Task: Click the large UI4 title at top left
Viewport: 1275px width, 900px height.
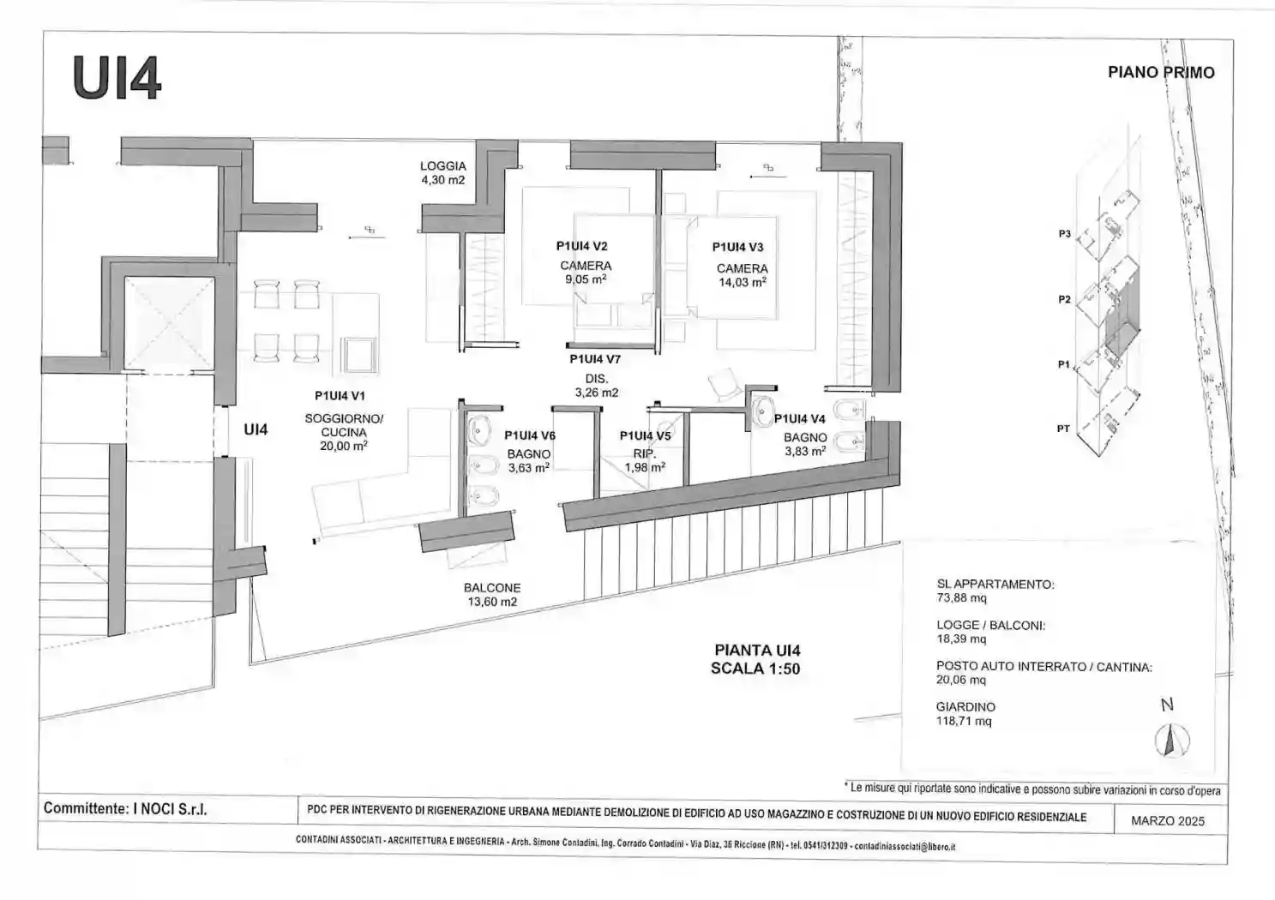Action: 117,79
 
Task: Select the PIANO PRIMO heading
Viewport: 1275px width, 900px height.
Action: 1160,73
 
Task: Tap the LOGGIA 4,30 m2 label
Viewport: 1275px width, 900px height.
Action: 442,173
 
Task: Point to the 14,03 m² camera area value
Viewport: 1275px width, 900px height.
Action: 742,282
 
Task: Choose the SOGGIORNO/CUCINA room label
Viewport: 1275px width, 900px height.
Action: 344,425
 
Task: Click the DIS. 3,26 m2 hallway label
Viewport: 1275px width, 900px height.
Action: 596,386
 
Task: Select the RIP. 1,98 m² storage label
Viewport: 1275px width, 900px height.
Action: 644,461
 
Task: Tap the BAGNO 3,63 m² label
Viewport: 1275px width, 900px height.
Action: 528,461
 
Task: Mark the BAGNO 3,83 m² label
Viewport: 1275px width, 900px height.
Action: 804,444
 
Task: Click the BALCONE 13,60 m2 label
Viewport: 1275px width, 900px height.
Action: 492,595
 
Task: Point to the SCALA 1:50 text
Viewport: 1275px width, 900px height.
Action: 755,669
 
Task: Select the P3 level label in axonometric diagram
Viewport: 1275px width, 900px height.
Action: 1064,234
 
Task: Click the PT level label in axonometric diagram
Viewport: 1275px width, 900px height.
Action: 1063,429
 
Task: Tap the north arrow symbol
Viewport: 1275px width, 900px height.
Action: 1171,739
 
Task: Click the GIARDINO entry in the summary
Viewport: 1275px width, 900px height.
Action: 965,707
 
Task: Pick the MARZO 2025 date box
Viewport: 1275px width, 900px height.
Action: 1167,821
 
